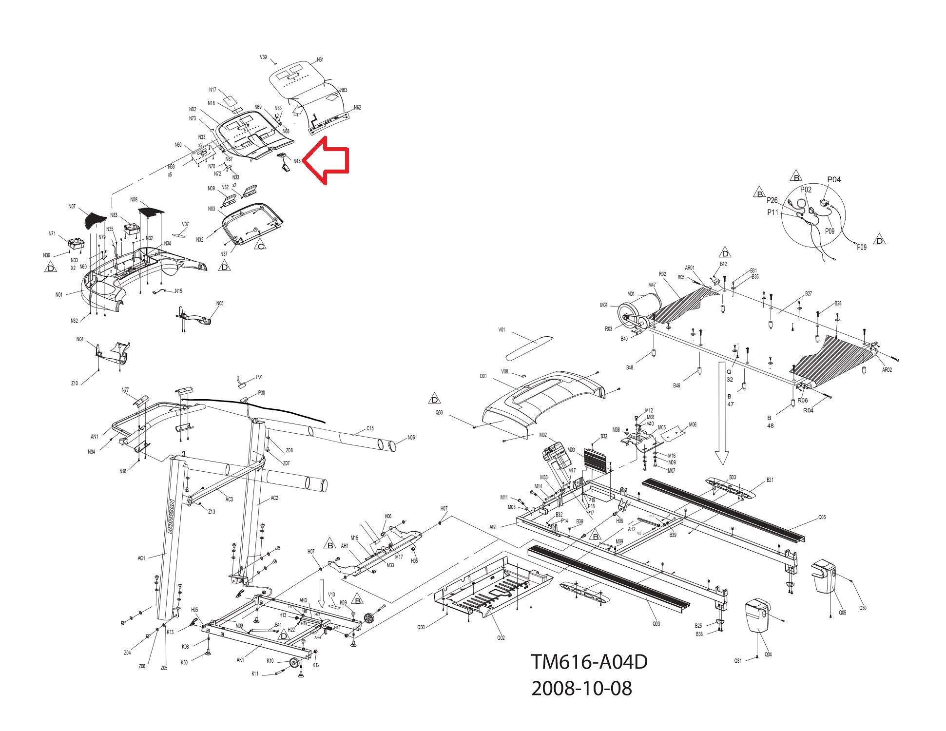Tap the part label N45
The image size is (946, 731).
coord(297,161)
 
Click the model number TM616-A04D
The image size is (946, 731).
coord(589,662)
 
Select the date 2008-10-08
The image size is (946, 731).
coord(581,688)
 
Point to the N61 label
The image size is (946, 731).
coord(320,60)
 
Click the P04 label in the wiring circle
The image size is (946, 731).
coord(834,179)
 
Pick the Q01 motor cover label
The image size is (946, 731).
coord(483,376)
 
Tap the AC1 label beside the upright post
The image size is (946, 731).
coord(141,558)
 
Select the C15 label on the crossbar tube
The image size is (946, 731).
coord(370,428)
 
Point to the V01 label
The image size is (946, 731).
coord(502,330)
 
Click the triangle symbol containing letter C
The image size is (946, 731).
coord(261,246)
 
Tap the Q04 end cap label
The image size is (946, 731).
coord(768,654)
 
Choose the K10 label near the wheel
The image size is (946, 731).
coord(270,661)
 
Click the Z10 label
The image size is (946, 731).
coord(74,384)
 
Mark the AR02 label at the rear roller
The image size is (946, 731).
coord(887,370)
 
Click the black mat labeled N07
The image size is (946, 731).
coord(94,220)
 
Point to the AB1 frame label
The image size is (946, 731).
coord(493,527)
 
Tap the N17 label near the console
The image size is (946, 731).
coord(212,90)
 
